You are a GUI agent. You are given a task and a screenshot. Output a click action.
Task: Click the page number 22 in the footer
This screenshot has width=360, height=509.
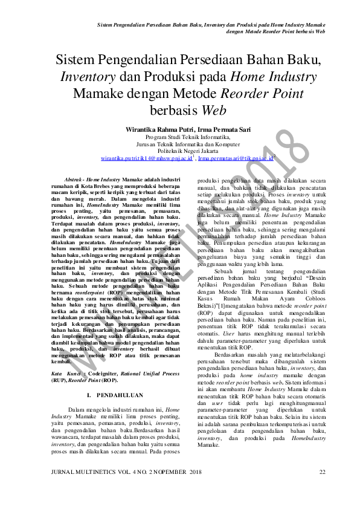[x=323, y=472]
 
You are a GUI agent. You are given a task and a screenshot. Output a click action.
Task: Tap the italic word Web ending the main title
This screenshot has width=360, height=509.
[x=214, y=111]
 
